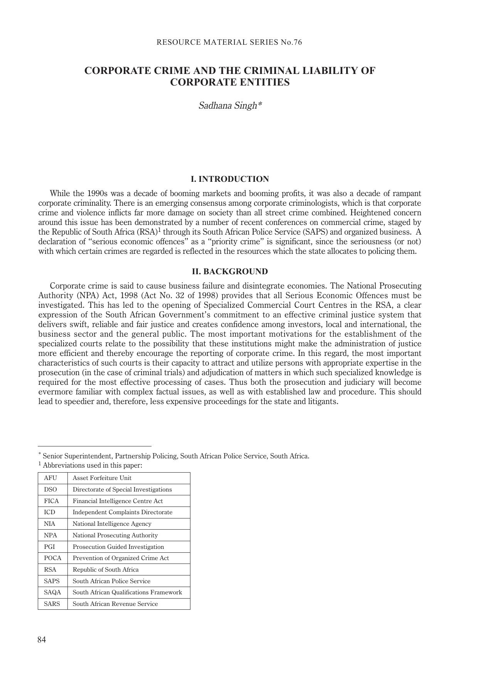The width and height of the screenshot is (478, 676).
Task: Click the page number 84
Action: tap(42, 640)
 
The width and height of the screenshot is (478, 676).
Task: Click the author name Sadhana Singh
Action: tap(230, 106)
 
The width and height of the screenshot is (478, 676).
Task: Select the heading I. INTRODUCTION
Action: tap(230, 179)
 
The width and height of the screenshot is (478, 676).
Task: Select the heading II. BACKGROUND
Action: tap(230, 272)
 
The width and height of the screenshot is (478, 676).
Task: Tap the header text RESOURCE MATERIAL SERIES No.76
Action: tap(229, 42)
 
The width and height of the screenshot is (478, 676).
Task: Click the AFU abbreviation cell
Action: tap(50, 478)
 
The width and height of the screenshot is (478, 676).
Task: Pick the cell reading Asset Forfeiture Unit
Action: tap(102, 478)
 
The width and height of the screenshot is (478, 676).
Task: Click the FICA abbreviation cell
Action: tap(51, 501)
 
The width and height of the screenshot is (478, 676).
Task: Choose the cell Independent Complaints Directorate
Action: tap(123, 512)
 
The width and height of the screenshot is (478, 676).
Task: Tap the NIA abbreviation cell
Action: tap(50, 524)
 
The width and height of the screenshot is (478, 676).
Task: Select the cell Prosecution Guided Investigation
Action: tap(118, 547)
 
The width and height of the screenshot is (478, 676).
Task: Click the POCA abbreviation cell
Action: tap(53, 558)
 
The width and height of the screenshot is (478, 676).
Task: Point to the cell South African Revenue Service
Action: tap(115, 604)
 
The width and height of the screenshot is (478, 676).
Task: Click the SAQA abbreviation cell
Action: tap(52, 592)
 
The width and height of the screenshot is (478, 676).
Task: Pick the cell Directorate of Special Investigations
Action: tap(122, 490)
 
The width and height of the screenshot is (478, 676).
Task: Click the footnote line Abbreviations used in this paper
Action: tap(93, 465)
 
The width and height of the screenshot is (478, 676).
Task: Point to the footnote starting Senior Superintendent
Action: tap(176, 456)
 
